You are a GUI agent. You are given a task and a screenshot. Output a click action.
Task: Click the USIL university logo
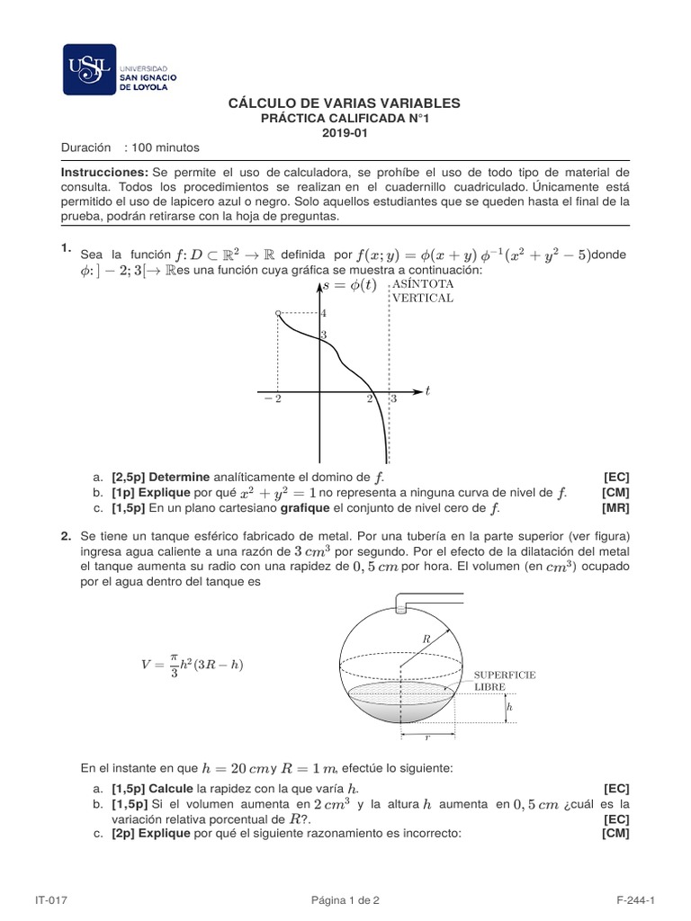point(120,69)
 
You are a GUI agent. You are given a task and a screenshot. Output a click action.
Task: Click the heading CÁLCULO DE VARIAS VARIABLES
point(345,104)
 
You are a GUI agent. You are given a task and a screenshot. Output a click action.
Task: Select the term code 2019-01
point(345,132)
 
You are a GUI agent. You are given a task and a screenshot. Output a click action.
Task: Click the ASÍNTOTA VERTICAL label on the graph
point(421,291)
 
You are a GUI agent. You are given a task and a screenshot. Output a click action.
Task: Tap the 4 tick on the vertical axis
point(324,312)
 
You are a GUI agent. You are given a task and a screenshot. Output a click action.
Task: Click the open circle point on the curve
point(277,312)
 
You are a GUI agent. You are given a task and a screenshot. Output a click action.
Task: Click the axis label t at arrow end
point(427,391)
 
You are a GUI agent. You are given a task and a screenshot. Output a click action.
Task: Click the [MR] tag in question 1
point(616,508)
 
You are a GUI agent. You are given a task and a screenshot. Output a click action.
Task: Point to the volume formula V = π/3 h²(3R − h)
point(193,666)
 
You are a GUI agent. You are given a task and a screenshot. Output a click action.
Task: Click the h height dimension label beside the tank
point(509,708)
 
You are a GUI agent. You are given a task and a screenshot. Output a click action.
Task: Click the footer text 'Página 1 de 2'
point(345,899)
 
